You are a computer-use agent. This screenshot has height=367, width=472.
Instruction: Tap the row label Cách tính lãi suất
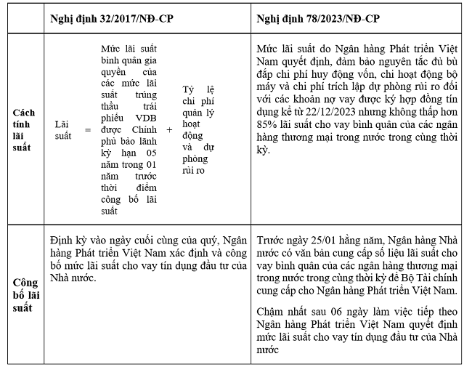(25, 129)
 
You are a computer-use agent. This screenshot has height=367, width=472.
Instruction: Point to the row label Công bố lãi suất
(25, 295)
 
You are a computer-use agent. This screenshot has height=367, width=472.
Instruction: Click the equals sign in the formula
(87, 129)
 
